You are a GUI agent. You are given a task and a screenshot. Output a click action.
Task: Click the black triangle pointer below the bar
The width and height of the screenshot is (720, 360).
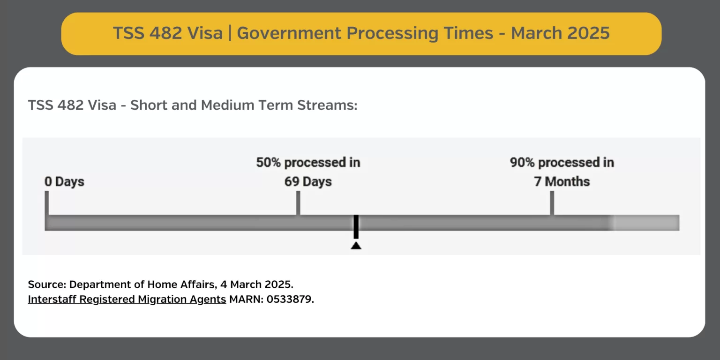tap(356, 246)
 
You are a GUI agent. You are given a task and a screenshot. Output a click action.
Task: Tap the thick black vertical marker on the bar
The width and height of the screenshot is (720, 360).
tap(356, 227)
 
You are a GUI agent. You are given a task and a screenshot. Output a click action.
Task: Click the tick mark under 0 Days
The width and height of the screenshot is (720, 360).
tap(46, 203)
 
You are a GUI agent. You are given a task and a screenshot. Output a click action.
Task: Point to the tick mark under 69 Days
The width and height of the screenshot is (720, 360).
tap(298, 203)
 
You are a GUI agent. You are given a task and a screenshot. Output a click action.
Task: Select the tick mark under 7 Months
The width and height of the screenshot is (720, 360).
tap(552, 203)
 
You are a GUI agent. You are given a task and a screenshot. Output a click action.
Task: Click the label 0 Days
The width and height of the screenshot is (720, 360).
tap(64, 181)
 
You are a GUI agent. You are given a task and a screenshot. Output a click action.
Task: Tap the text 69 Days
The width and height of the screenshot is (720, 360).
tap(308, 181)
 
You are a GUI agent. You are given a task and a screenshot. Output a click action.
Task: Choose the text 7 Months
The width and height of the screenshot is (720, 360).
tap(562, 181)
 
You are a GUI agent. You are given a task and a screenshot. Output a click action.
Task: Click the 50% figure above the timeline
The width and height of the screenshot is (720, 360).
tap(269, 163)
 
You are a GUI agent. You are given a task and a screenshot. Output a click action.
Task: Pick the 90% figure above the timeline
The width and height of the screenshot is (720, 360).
tap(522, 163)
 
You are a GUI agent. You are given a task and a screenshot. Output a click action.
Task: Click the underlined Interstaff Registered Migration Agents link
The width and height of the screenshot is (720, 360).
tap(127, 299)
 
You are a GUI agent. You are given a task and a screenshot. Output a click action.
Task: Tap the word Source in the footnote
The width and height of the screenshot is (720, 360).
tap(47, 285)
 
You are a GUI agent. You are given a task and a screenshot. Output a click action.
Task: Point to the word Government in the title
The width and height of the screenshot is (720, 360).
tap(289, 33)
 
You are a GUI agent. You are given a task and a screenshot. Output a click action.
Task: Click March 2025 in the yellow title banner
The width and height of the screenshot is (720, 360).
tap(560, 33)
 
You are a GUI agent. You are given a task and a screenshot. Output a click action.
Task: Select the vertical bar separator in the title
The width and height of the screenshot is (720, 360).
tap(230, 33)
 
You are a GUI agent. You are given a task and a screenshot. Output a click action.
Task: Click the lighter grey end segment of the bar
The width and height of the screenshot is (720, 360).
tap(646, 223)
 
